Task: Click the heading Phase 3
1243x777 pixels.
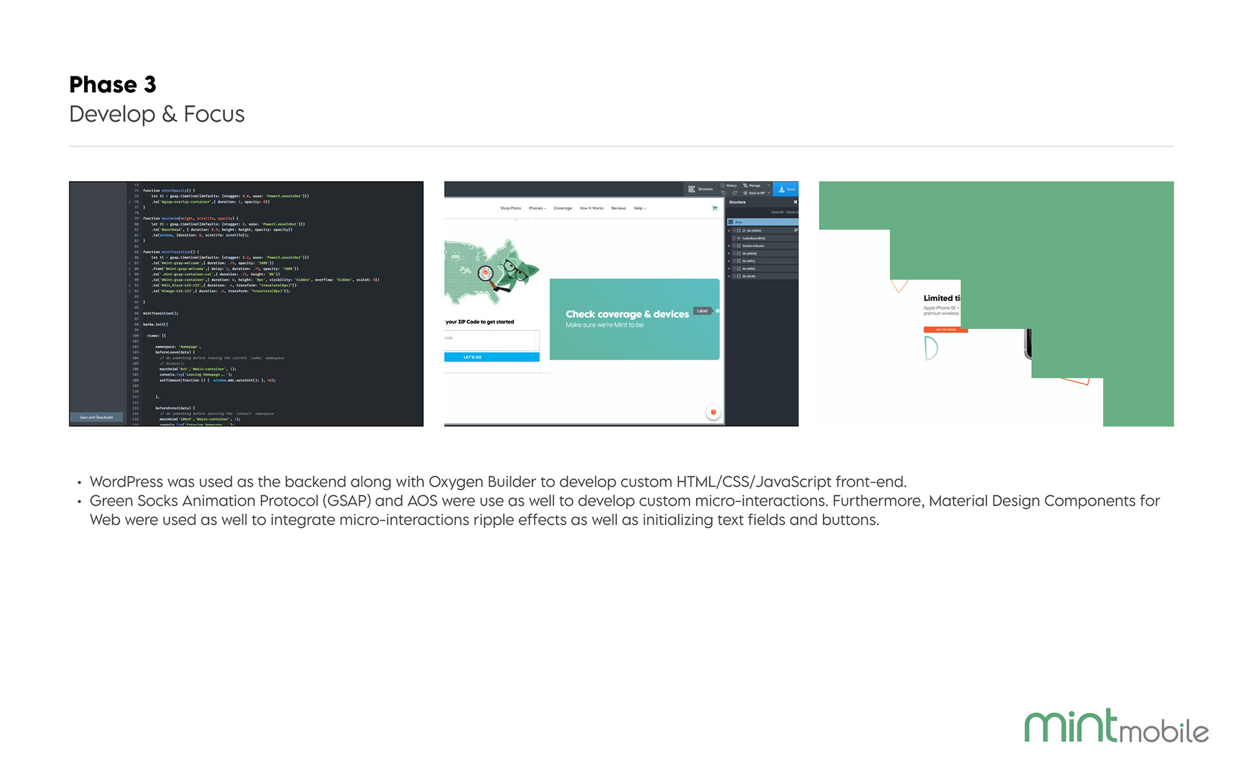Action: (113, 85)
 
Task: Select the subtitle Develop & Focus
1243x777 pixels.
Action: (157, 114)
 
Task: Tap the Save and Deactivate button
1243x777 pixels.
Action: (96, 418)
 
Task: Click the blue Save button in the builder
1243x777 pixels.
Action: (787, 189)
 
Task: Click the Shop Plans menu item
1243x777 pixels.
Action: (510, 208)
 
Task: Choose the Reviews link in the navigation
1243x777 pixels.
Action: (618, 208)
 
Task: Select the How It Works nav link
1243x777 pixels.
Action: (591, 208)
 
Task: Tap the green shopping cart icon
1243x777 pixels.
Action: (715, 208)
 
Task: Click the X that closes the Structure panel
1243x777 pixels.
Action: (795, 202)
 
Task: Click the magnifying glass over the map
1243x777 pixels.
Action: (486, 273)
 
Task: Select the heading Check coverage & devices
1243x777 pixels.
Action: (627, 314)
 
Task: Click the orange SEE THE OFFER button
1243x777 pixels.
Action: (945, 330)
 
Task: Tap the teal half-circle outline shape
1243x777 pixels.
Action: (931, 348)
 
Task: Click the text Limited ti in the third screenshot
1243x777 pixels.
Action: (941, 298)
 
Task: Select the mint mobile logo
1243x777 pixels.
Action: (1116, 726)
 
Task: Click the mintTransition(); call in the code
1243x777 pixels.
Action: (161, 313)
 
